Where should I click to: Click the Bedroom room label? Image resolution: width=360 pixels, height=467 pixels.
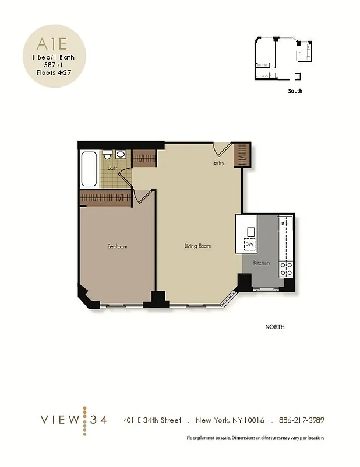pos(117,246)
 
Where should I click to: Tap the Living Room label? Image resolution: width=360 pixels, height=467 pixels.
pos(197,246)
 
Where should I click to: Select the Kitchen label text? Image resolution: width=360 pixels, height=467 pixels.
pos(262,263)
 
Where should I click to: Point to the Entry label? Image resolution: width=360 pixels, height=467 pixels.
pos(218,163)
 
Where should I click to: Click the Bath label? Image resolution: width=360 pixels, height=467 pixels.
pos(112,168)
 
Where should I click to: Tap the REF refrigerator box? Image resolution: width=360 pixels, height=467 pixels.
pos(284,223)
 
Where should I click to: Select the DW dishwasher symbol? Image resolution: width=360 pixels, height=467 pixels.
pos(250,245)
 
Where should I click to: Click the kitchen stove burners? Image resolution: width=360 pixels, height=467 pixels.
pos(286,269)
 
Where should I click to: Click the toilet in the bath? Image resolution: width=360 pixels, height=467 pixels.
pos(108,155)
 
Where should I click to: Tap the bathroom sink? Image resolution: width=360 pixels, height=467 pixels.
pos(121,155)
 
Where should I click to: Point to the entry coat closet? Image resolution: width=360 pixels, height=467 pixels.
pos(242,155)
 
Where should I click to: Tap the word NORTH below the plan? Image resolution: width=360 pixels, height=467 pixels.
pos(275,327)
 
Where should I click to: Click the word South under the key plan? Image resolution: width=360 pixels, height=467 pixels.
pos(295,91)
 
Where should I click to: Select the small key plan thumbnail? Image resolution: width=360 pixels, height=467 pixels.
pos(279,58)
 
